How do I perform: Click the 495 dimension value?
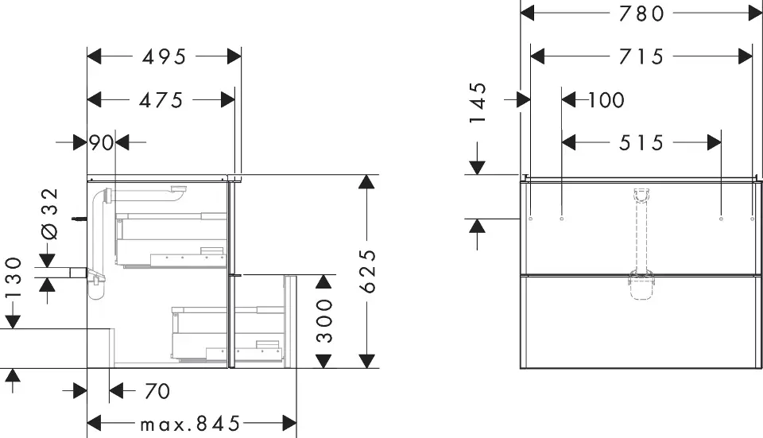point(164,56)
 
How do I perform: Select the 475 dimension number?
point(161,100)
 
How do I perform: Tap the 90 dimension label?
point(101,143)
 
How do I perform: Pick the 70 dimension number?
point(157,391)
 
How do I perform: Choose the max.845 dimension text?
point(190,423)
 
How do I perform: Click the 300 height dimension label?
point(323,321)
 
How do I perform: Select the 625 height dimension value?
point(366,271)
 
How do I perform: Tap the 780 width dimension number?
point(641,13)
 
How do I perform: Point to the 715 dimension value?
point(641,56)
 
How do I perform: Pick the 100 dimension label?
point(606,100)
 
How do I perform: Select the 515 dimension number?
point(641,143)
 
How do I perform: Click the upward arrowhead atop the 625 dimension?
point(366,182)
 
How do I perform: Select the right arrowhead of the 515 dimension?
point(713,143)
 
